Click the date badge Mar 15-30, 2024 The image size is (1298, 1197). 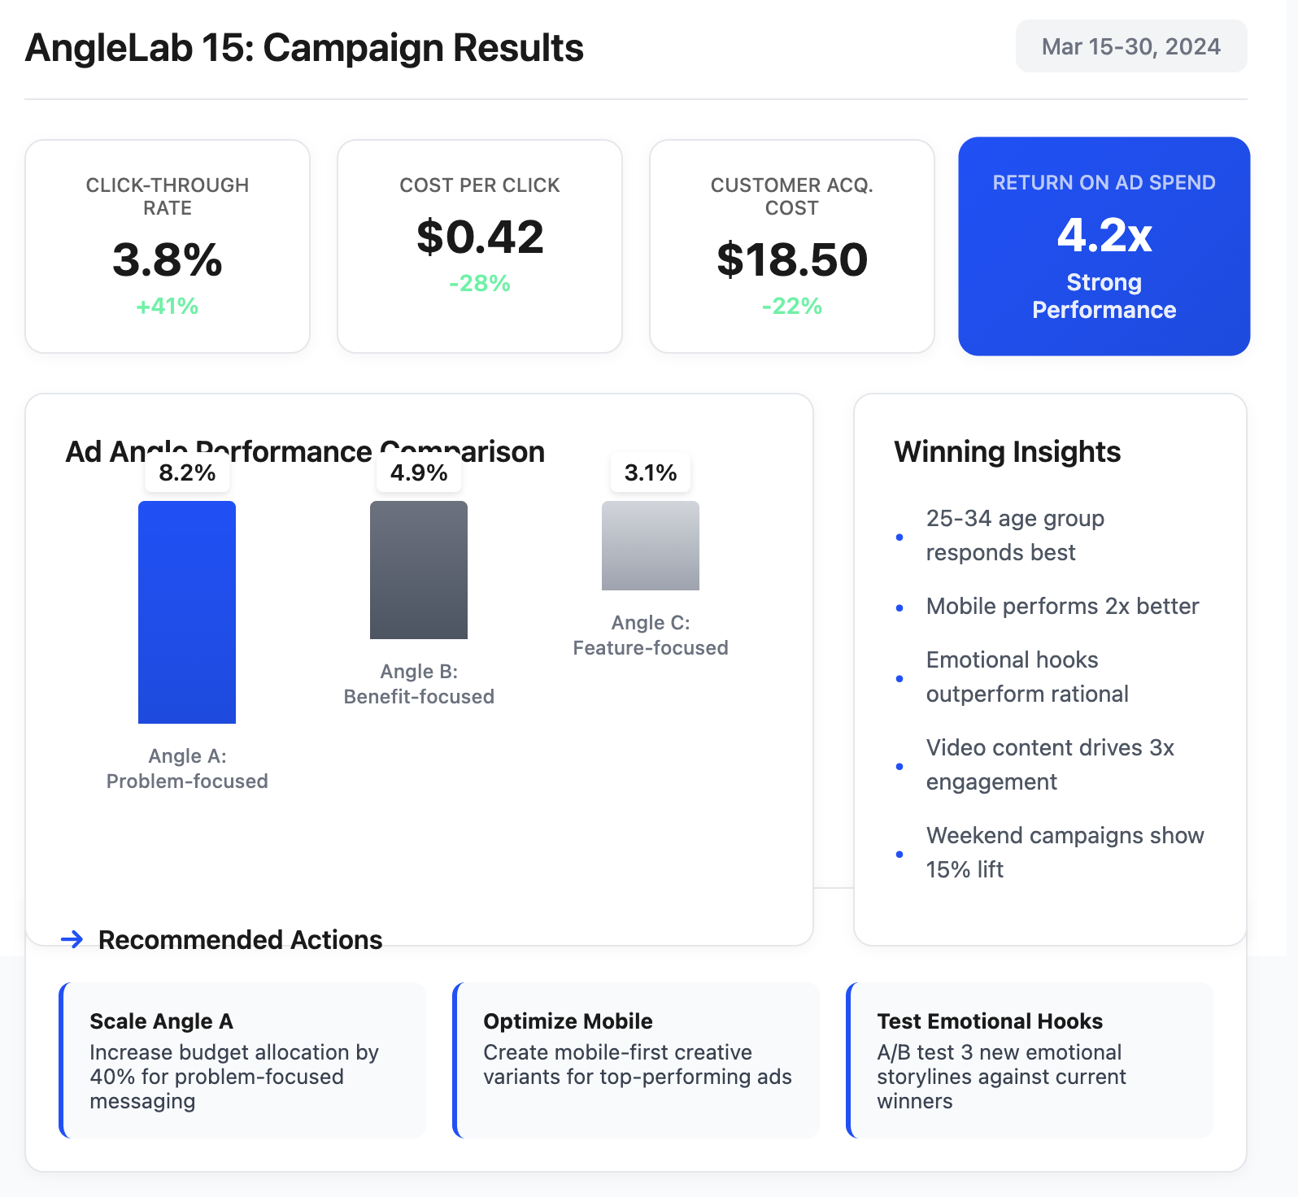point(1130,46)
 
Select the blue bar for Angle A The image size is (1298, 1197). point(187,612)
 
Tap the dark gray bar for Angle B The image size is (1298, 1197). point(419,569)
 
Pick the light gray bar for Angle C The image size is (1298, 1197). point(651,545)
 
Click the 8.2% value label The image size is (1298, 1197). point(187,472)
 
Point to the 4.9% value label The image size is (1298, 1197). point(419,472)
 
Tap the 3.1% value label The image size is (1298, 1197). point(651,472)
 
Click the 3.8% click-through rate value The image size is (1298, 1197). point(168,260)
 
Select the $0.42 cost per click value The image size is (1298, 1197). point(480,237)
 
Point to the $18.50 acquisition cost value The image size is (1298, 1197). point(792,260)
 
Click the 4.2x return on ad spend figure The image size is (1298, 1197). point(1104,236)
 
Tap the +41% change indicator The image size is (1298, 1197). point(168,307)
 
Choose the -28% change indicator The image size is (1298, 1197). point(480,284)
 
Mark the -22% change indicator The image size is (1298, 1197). point(792,307)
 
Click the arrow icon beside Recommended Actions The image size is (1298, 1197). point(72,939)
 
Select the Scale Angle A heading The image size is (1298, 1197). point(161,1021)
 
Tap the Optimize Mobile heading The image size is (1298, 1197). point(568,1021)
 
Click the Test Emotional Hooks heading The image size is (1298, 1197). point(990,1021)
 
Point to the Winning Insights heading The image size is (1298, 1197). point(1008,452)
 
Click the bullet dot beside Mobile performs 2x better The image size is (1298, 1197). point(899,607)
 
